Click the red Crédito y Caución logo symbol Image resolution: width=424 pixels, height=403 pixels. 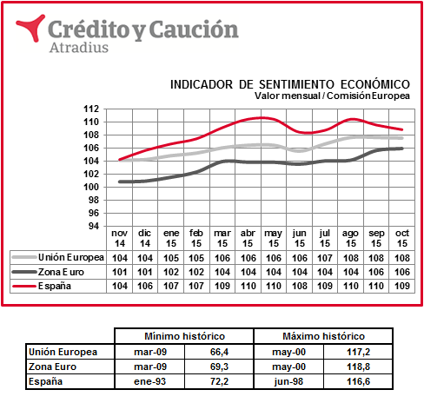31,28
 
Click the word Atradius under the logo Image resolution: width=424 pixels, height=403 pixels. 79,48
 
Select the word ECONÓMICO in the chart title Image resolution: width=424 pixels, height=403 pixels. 375,84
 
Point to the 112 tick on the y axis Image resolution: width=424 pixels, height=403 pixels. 91,109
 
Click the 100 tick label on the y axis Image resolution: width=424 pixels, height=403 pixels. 91,188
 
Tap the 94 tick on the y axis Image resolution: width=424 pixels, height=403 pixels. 94,226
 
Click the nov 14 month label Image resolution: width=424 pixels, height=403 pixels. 120,238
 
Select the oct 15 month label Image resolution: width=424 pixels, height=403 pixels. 402,238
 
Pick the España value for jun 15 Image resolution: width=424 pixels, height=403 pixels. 300,286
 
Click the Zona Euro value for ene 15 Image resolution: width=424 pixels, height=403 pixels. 171,272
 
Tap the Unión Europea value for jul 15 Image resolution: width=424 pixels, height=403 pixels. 325,258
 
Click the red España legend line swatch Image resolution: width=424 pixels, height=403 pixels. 24,287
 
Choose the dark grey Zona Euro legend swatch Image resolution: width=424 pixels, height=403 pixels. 24,272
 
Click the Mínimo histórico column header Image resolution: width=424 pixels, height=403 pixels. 184,336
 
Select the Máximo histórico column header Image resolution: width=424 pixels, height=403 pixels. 323,336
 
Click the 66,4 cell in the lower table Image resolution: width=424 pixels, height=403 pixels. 219,352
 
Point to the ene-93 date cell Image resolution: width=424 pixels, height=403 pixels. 149,381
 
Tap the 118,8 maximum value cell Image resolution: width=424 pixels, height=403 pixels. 359,367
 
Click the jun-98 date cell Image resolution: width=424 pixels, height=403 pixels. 288,381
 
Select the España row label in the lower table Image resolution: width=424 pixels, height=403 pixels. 45,381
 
